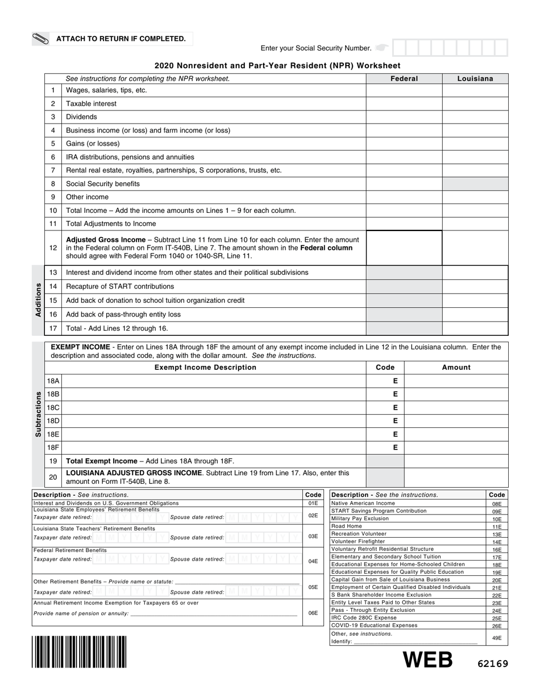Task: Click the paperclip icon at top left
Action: (x=41, y=39)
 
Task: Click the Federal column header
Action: (x=404, y=79)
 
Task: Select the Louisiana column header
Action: (x=475, y=79)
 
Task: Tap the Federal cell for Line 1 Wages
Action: (x=404, y=90)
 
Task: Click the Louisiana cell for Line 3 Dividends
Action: (x=475, y=117)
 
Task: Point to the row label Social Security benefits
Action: (x=103, y=184)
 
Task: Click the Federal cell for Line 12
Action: (x=404, y=248)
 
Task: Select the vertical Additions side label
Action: (x=38, y=300)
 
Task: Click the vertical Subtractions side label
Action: (x=38, y=414)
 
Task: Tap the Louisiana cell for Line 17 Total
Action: (x=475, y=328)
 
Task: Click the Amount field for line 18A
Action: (x=456, y=381)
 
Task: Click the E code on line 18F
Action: (x=395, y=448)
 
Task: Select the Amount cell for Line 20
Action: (x=456, y=477)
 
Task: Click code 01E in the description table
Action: (x=313, y=504)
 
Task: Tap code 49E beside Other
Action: (x=497, y=638)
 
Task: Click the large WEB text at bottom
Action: (x=428, y=660)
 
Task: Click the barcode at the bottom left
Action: (x=80, y=652)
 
